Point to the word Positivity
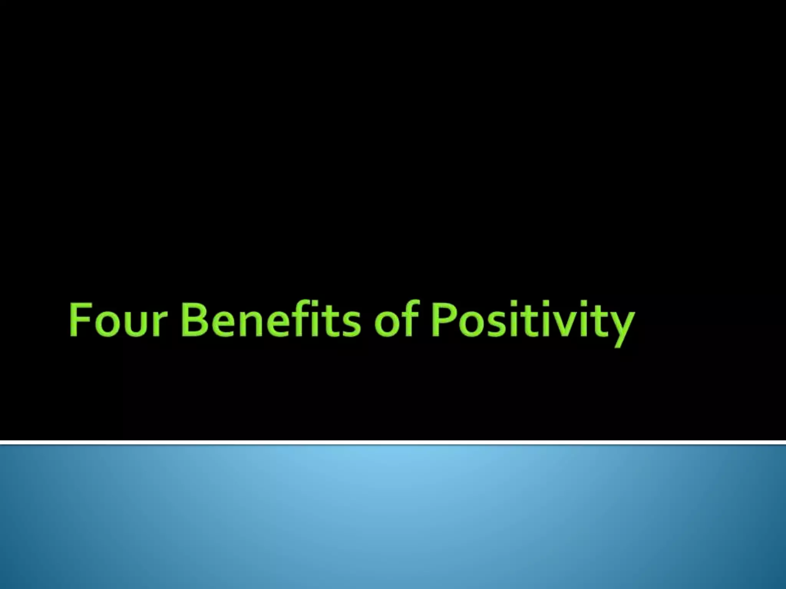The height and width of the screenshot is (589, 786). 532,322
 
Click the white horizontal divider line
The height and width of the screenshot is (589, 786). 393,443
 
